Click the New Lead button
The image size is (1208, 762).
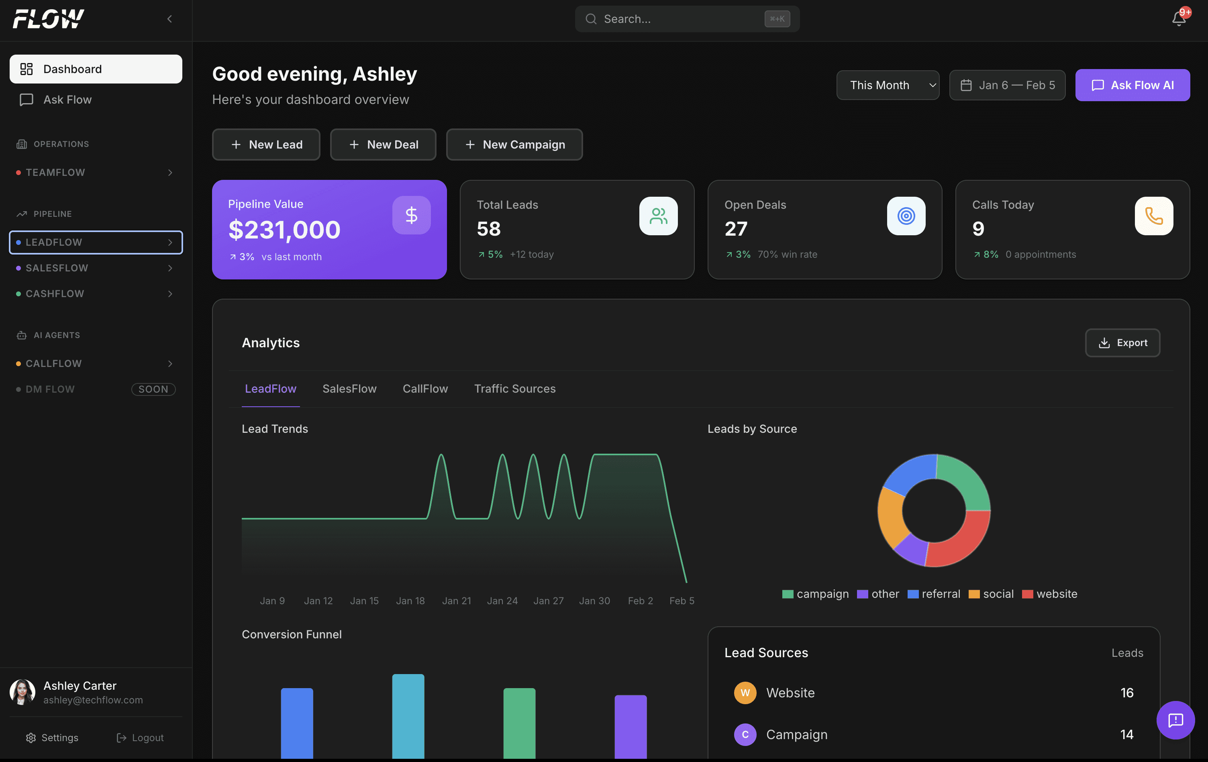266,145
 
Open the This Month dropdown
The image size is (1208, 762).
887,85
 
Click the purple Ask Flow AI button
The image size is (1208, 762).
1132,85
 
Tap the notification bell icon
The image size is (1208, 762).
1178,19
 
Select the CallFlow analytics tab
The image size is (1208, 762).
425,389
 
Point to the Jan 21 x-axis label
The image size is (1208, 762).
456,601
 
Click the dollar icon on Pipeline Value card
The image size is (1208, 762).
411,215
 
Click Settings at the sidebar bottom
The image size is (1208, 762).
52,738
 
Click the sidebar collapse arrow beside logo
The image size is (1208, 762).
169,19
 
